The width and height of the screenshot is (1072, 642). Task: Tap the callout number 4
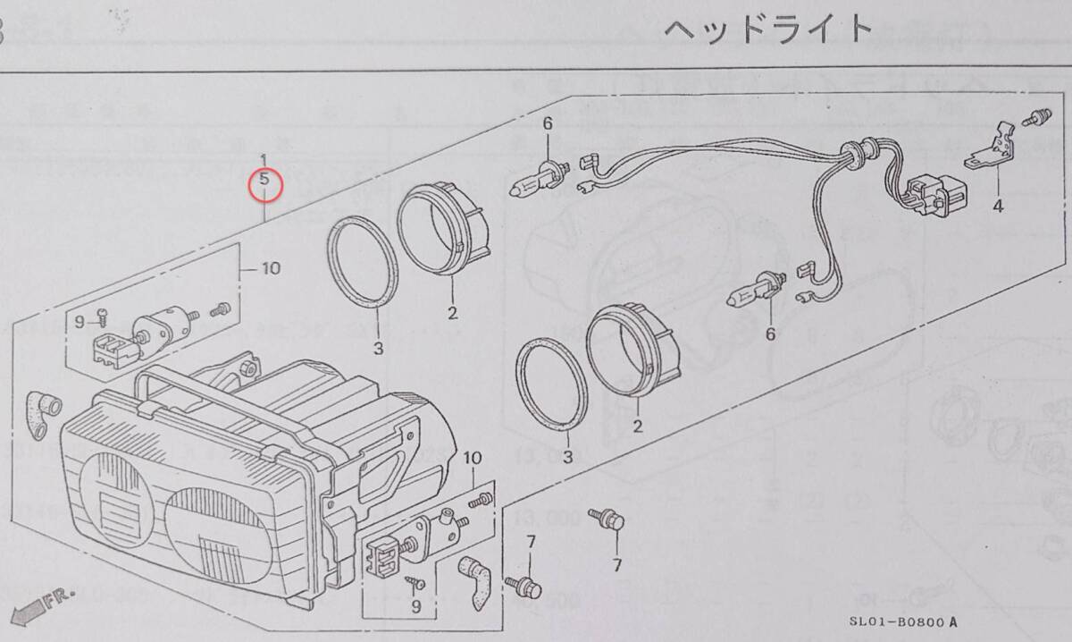pos(997,206)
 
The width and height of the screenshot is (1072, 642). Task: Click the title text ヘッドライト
pos(766,30)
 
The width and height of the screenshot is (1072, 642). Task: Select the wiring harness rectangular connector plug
pos(921,191)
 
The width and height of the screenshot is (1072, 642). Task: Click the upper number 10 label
pos(271,267)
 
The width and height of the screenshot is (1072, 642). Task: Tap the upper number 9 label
pos(80,322)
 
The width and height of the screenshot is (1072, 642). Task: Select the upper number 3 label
pos(378,347)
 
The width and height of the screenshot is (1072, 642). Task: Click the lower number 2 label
pos(638,427)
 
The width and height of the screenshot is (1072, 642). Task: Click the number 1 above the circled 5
pos(263,160)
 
